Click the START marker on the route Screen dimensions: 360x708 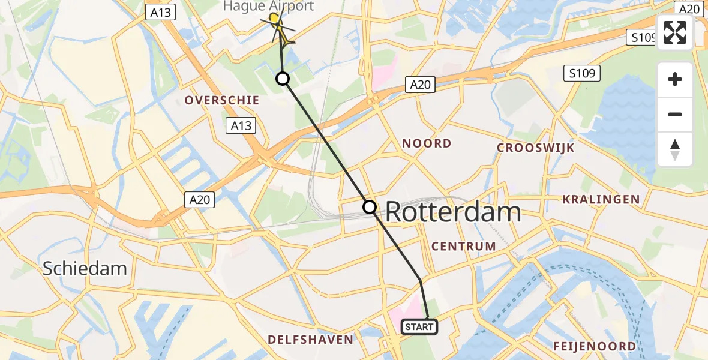coord(419,327)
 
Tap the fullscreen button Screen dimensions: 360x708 coord(675,32)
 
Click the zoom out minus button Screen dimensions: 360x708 coord(675,114)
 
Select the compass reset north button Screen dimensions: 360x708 coord(675,149)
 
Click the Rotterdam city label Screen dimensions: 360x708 coord(452,212)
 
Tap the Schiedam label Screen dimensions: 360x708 coord(85,268)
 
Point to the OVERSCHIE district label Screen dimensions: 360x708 coord(222,101)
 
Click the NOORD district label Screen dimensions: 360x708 coord(427,143)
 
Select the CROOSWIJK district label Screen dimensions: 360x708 coord(536,148)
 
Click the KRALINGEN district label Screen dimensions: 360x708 coord(601,199)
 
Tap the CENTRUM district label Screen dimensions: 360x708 coord(464,246)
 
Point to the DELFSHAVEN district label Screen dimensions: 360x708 coord(310,340)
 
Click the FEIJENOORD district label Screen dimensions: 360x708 coord(594,346)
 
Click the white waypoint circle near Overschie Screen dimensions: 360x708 coord(282,79)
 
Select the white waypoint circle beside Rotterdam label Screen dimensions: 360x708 coord(370,207)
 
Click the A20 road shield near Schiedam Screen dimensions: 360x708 coord(199,200)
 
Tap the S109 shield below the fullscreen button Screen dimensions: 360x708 coord(581,74)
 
